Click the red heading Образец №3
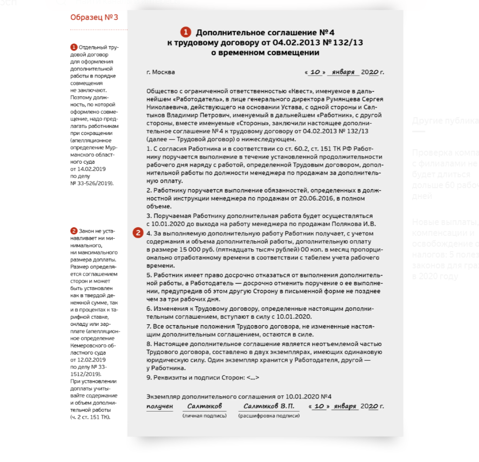click(x=94, y=17)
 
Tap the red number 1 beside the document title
click(x=186, y=32)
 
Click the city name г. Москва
click(x=161, y=72)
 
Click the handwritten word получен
click(x=159, y=406)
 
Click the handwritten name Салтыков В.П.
click(x=269, y=406)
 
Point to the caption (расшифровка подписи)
click(x=269, y=415)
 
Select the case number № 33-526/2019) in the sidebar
click(x=92, y=183)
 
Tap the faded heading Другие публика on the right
click(x=445, y=120)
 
